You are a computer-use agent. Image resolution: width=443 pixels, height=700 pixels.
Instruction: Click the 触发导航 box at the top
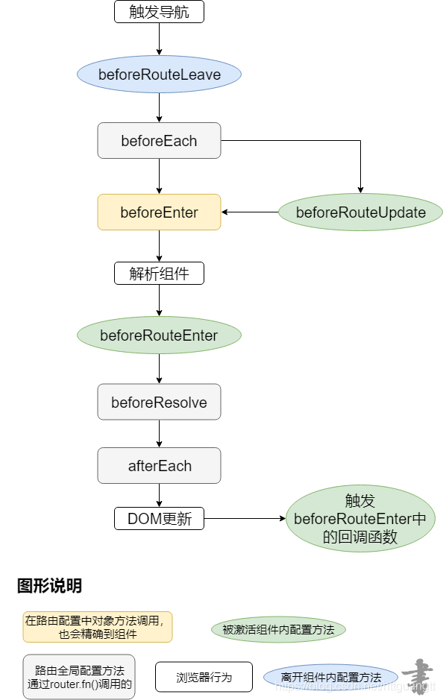coord(159,11)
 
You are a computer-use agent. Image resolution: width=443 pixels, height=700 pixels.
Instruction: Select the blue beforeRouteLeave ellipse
coord(159,75)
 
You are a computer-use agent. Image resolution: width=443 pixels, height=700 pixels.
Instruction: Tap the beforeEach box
coord(159,140)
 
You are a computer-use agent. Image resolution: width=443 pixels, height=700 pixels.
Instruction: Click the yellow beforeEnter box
coord(159,212)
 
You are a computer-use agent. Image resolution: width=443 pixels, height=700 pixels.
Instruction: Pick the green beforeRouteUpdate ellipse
coord(360,212)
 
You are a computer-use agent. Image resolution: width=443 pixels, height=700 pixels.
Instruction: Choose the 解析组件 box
coord(159,273)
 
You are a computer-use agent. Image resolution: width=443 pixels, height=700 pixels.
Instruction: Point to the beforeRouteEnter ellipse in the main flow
coord(159,335)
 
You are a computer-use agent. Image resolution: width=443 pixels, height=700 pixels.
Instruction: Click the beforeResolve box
coord(159,403)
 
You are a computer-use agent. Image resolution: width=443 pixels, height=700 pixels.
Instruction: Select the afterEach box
coord(159,466)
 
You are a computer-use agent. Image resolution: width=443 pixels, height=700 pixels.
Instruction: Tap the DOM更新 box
coord(159,519)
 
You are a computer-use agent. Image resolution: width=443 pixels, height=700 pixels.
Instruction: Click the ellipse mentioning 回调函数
coord(360,519)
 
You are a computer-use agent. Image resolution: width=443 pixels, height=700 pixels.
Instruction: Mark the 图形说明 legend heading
coord(49,586)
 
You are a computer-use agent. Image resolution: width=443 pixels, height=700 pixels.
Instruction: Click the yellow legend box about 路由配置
coord(98,627)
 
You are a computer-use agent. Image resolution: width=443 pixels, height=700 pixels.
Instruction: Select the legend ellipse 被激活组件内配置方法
coord(278,630)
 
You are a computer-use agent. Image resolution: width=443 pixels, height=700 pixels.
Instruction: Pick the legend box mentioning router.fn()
coord(79,677)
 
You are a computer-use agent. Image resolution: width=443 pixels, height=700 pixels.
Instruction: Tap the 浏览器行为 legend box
coord(204,677)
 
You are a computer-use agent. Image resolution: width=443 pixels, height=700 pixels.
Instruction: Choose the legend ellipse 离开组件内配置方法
coord(330,677)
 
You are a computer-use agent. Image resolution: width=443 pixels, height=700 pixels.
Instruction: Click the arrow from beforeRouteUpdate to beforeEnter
coord(250,212)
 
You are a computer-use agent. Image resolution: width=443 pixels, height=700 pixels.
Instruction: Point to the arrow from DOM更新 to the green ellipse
coord(245,519)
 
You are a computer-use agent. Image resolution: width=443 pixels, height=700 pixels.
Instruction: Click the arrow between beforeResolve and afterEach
coord(159,434)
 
